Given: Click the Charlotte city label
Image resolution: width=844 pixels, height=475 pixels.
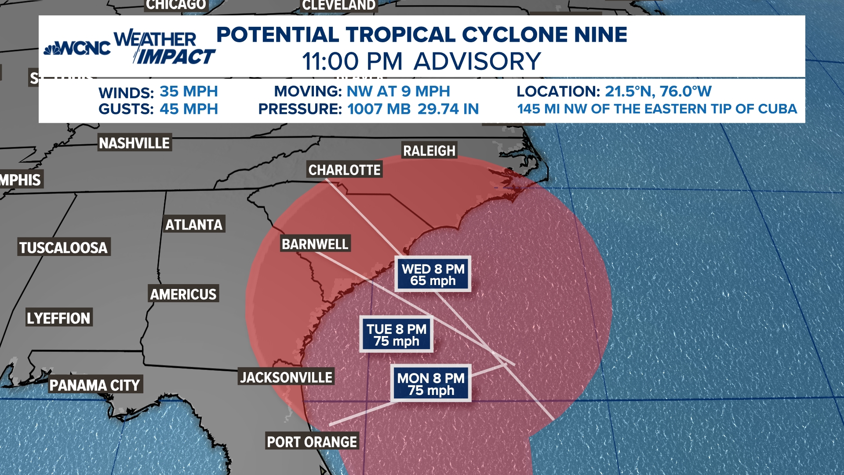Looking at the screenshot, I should point(344,170).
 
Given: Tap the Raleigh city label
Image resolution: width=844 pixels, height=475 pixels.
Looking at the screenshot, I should point(429,151).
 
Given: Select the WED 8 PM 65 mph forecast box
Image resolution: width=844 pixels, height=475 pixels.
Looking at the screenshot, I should point(433,274).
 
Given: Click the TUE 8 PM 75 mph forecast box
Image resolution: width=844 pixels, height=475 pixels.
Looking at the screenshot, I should point(397,335).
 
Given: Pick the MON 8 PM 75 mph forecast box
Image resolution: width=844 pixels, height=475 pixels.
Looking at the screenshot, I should point(431,384).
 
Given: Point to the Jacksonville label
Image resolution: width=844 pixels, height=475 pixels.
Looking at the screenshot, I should point(286,377).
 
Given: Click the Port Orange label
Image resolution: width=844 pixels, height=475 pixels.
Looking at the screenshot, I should point(312,442).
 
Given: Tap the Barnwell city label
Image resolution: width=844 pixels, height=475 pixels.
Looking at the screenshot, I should point(315,244).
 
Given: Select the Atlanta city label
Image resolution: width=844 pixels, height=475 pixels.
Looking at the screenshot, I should point(194,225).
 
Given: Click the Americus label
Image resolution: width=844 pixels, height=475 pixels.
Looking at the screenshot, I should point(183,294).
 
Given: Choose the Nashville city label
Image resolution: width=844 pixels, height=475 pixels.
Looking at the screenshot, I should point(134,143).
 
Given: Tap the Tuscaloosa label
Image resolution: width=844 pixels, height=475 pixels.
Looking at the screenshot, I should point(63,248).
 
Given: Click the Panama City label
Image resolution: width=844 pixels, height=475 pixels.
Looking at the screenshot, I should point(95,385).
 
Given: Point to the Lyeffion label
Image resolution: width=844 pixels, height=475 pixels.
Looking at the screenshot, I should point(58,318).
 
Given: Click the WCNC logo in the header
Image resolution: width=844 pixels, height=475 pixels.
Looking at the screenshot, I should point(77,48).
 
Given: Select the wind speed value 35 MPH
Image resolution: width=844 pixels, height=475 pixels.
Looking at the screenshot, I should point(189,91).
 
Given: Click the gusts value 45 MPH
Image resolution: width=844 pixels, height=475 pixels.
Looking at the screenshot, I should point(189,109).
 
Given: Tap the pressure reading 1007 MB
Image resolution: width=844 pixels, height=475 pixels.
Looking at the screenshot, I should point(379,109).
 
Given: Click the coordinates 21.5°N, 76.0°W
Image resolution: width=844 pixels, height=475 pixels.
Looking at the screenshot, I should point(658,91).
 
